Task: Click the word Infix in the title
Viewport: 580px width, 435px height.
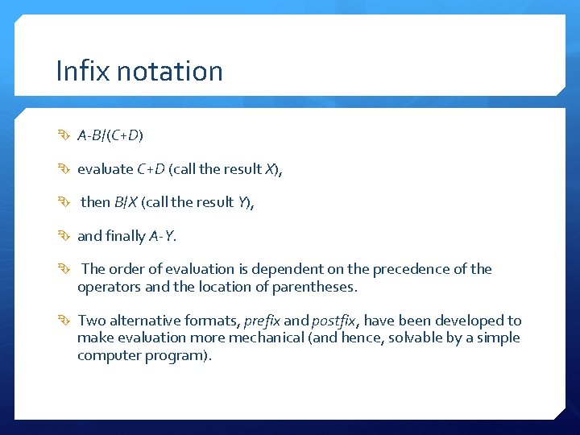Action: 79,71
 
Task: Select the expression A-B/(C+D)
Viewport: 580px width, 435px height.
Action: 110,135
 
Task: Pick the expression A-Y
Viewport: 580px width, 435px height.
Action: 162,236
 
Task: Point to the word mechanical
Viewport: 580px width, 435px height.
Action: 265,338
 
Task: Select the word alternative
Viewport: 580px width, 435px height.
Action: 148,321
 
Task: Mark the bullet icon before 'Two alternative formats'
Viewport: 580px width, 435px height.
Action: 65,321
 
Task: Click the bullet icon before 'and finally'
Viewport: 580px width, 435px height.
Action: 65,236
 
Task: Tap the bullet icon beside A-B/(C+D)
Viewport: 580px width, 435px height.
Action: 65,135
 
